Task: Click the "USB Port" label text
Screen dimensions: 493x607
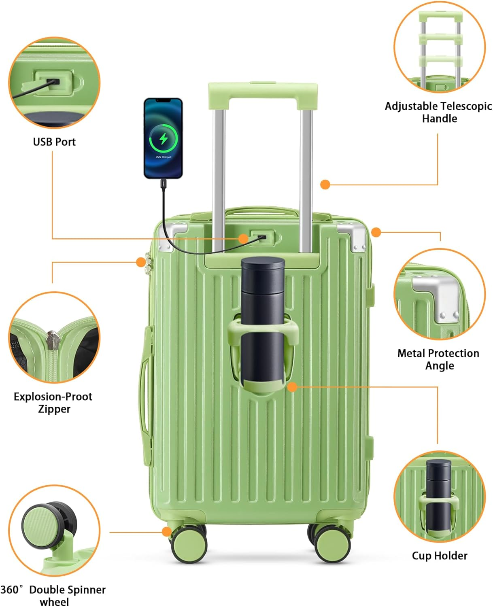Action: click(x=54, y=142)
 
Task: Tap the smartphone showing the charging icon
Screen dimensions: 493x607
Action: click(x=164, y=138)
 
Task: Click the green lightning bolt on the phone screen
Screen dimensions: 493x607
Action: click(x=164, y=139)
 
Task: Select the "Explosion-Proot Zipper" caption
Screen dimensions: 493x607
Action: click(x=53, y=403)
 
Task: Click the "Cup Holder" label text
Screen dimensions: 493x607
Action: click(x=440, y=556)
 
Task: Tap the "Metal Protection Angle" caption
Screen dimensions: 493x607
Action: click(x=438, y=359)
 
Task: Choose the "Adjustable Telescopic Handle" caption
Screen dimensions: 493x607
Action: click(x=438, y=112)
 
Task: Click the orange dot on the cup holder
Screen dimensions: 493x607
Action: click(x=292, y=387)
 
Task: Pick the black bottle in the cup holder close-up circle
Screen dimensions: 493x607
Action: click(x=438, y=494)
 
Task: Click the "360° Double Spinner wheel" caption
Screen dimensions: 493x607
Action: click(x=53, y=595)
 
